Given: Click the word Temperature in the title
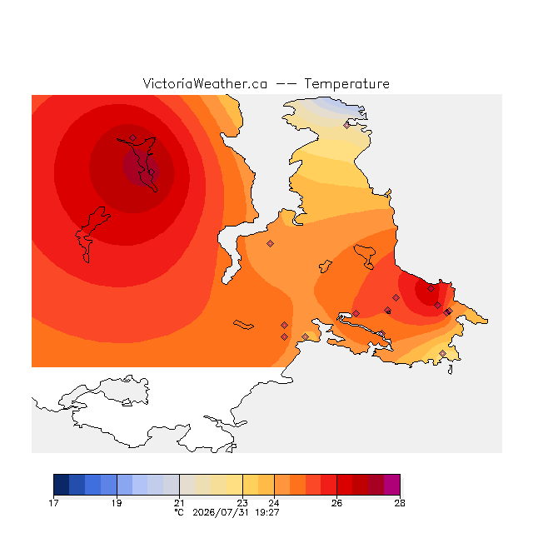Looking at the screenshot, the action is click(x=346, y=83).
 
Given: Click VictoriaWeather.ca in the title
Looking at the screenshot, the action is click(x=205, y=83).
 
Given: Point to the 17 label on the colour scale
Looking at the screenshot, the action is click(x=53, y=503).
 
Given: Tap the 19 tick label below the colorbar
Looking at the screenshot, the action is click(x=117, y=503).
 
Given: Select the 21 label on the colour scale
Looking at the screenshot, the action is click(x=179, y=503).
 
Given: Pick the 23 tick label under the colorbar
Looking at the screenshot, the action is click(x=242, y=503).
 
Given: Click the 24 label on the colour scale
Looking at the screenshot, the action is click(x=274, y=503).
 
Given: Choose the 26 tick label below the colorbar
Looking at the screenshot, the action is click(x=336, y=503).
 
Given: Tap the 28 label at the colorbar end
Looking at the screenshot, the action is click(x=400, y=503).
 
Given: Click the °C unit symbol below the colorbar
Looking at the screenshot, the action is click(x=179, y=512).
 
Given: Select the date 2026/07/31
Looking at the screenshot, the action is click(x=221, y=512).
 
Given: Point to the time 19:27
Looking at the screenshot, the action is click(x=267, y=512).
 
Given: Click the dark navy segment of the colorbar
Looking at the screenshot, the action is click(x=62, y=485).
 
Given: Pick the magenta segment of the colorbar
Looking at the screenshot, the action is click(x=392, y=485).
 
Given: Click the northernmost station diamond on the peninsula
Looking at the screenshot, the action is click(x=346, y=126).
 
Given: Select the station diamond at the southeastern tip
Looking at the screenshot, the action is click(x=442, y=353).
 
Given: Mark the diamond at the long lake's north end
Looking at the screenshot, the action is click(x=133, y=137).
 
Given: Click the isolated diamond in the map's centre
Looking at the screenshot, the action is click(x=270, y=243).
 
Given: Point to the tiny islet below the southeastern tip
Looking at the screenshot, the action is click(x=450, y=370).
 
